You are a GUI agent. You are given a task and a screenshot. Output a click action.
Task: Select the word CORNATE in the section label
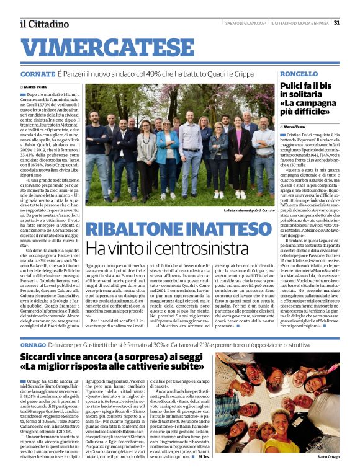37,74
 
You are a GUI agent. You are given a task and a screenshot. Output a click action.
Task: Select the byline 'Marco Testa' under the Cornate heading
39,87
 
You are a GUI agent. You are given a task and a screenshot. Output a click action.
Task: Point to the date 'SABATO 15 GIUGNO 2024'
245,24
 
